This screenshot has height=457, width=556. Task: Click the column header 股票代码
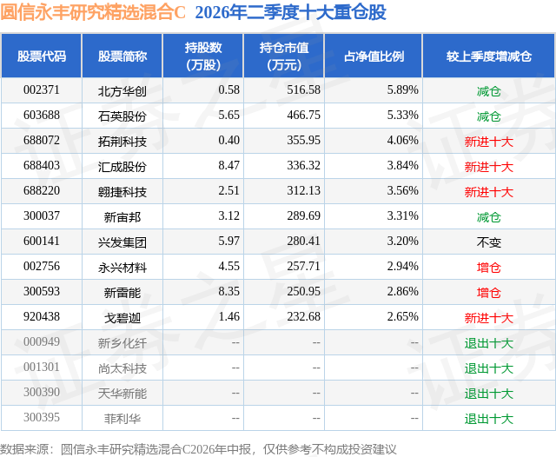click(42, 56)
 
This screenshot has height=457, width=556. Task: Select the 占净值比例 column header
click(374, 56)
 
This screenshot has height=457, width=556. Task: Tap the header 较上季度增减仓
click(489, 56)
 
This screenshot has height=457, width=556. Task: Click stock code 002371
click(42, 90)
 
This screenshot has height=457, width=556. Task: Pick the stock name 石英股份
click(122, 116)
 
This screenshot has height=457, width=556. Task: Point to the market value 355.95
click(303, 141)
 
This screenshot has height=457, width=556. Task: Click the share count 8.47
click(229, 166)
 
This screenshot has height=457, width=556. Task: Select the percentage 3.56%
click(403, 191)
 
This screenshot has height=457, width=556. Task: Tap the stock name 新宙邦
click(122, 217)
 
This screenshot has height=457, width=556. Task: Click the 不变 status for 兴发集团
click(489, 242)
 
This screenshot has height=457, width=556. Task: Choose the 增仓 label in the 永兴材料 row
click(489, 268)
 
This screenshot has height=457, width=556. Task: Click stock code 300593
click(42, 291)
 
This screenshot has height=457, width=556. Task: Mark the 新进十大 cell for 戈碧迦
click(489, 318)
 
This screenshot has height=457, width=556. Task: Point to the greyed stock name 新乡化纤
click(122, 343)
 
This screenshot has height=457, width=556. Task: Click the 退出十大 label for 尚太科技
click(489, 368)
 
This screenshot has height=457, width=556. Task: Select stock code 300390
click(42, 392)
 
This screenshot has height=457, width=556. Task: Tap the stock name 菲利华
click(122, 419)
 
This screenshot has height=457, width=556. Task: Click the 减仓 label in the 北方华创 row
click(489, 91)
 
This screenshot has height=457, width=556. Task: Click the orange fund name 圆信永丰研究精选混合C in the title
click(93, 12)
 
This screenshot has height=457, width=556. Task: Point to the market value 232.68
click(303, 316)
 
